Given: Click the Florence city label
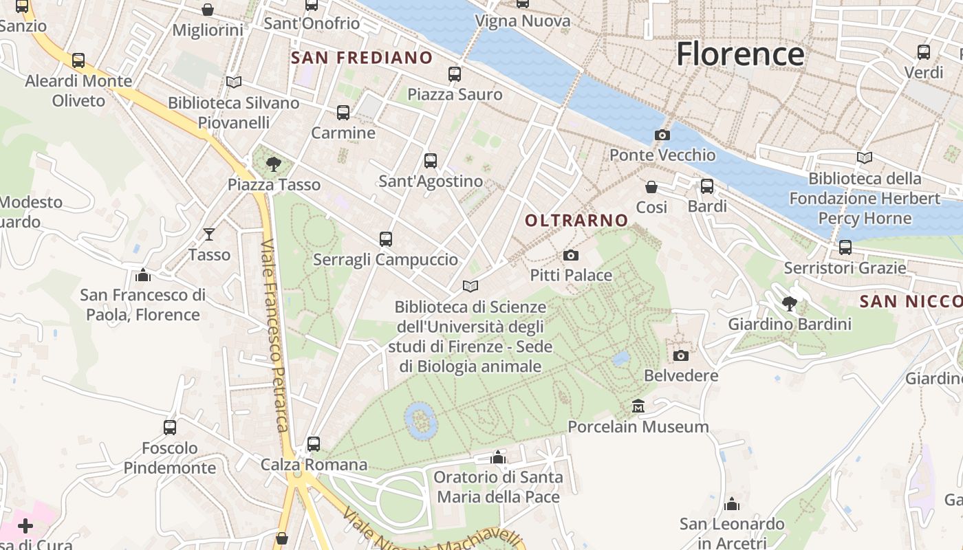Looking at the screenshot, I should pos(740,54).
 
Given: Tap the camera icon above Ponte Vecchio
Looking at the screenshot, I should pos(662,135).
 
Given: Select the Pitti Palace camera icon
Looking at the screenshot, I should pos(571,256).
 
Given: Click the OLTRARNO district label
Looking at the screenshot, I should pos(576,221).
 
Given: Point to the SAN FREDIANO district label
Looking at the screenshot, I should pos(362,58).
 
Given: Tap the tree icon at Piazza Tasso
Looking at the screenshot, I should pos(274,164).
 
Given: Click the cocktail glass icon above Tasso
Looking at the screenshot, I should pos(209,234).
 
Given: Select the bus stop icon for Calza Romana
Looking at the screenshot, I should pos(314,444).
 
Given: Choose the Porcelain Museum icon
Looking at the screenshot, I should pos(638,406).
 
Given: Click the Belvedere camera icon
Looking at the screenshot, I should pos(681,355).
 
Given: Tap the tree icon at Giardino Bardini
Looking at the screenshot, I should pos(790,303).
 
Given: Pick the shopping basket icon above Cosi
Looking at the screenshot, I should pos(651,187).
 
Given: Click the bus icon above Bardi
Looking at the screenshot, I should pos(706,186).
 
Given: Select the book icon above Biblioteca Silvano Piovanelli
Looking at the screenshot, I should pos(234,82).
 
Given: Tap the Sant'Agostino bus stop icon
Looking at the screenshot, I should pos(431,161).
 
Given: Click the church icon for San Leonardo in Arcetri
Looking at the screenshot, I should pos(732,504).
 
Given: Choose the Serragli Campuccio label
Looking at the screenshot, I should pos(385,260).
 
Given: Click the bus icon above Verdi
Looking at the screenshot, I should pos(924,52).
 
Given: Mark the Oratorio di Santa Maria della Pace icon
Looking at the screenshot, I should pos(498,457).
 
